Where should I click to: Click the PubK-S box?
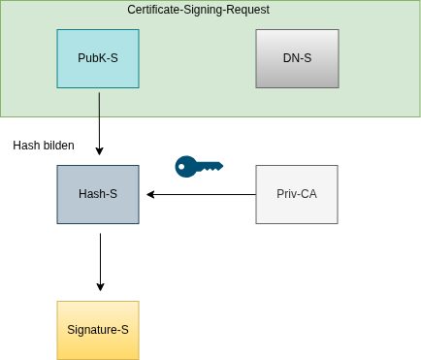(x=98, y=58)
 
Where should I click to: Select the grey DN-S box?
(x=297, y=58)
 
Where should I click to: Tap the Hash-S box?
(x=98, y=194)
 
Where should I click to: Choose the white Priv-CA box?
(x=297, y=194)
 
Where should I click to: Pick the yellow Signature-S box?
(x=98, y=330)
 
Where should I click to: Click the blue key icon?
(x=199, y=166)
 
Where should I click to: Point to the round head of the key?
(x=184, y=166)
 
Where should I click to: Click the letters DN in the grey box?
(x=291, y=58)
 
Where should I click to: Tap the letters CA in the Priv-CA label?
(x=308, y=194)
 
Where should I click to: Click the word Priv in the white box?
(x=288, y=194)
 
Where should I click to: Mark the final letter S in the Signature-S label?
(x=124, y=330)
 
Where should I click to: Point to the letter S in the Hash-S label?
(x=113, y=194)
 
